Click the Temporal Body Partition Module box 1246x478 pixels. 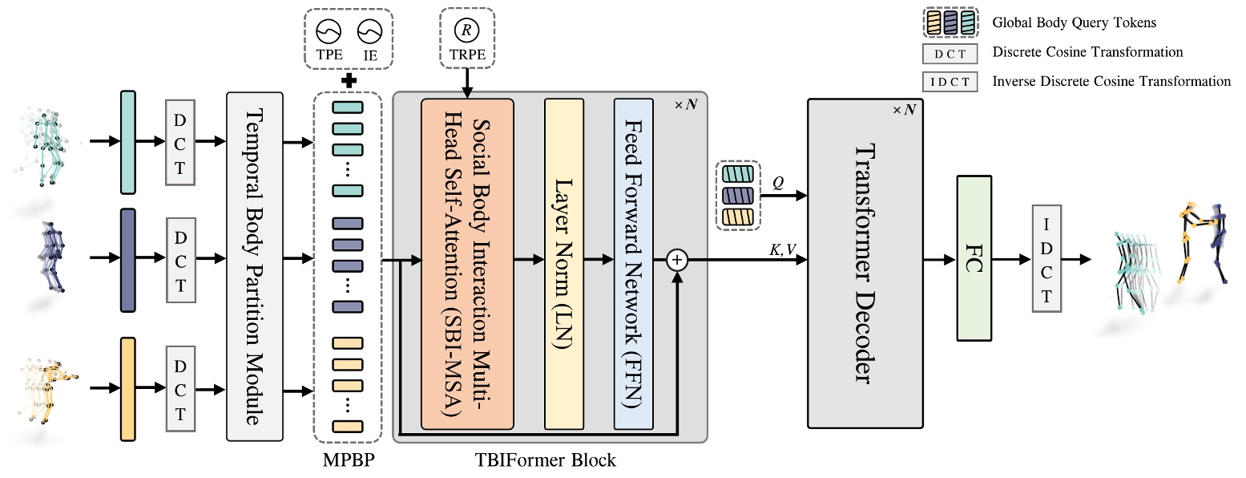(x=256, y=266)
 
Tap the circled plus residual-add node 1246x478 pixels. (x=678, y=259)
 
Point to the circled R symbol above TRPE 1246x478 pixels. (x=466, y=31)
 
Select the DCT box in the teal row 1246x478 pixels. (x=180, y=142)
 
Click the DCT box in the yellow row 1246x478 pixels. (x=180, y=389)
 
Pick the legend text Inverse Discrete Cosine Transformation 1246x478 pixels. (x=1111, y=81)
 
